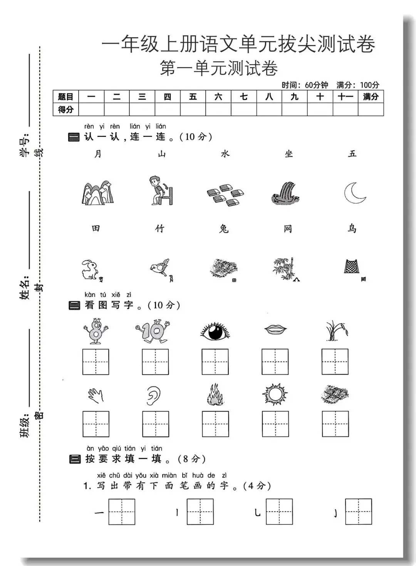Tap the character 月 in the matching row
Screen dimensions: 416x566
click(98, 153)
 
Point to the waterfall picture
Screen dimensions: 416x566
click(285, 193)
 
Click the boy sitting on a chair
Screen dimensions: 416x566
click(161, 190)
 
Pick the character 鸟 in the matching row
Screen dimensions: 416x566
click(352, 228)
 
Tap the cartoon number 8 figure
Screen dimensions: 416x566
click(96, 331)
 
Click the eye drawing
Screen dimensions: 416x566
click(215, 331)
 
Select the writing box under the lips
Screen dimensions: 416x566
click(275, 362)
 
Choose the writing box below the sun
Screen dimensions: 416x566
click(275, 424)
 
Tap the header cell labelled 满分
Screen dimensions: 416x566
click(371, 97)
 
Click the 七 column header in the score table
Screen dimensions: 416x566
click(244, 97)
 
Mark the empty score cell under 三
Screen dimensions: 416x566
click(142, 110)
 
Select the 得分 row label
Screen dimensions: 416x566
click(65, 110)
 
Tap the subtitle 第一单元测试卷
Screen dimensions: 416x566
click(219, 68)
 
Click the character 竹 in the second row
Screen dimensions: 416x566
click(159, 228)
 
